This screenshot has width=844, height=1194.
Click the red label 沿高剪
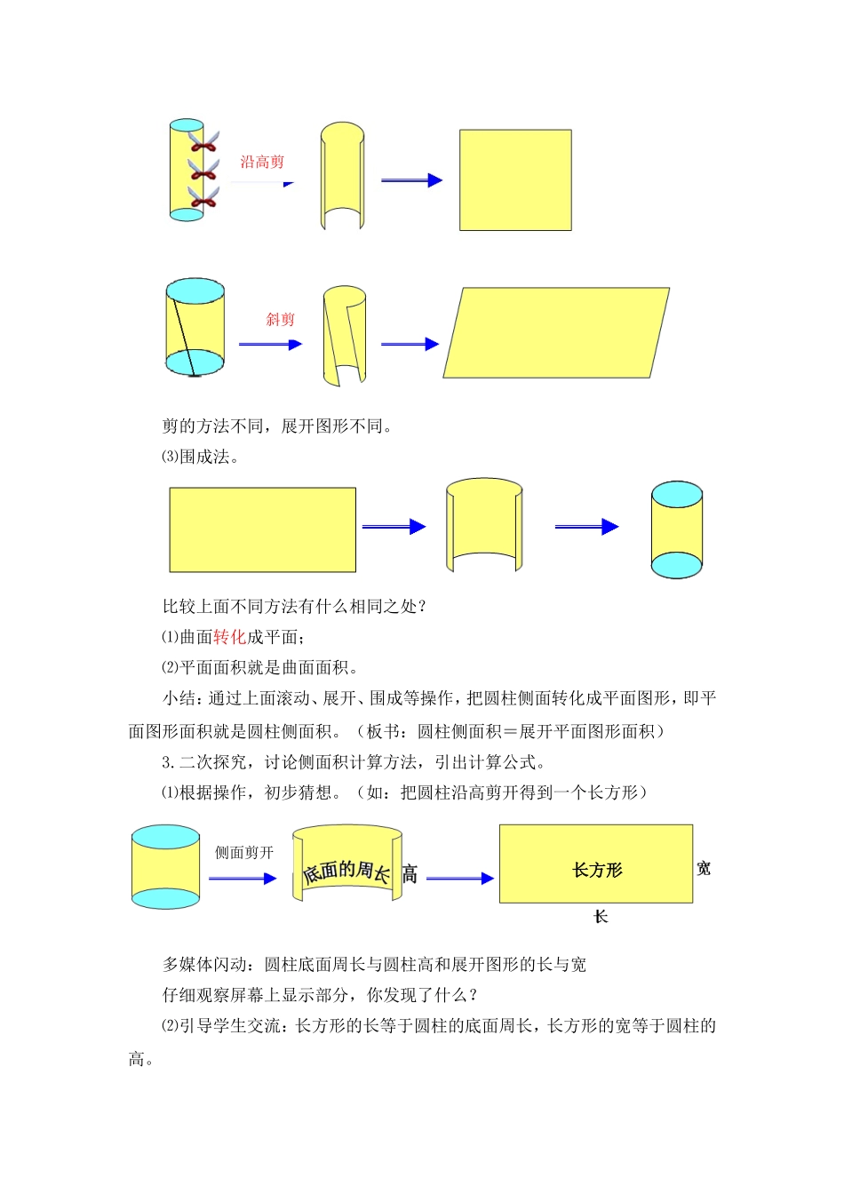(x=262, y=162)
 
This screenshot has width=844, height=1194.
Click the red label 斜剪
(x=280, y=319)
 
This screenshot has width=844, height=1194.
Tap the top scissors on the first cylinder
(x=203, y=140)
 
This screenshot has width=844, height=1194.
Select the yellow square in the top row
(x=515, y=180)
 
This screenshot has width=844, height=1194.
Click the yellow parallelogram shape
(x=556, y=333)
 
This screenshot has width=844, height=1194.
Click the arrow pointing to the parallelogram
(x=410, y=344)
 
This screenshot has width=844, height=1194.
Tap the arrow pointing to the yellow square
(x=411, y=180)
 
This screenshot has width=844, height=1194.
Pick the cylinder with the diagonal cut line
(x=195, y=327)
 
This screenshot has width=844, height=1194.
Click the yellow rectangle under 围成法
(x=263, y=529)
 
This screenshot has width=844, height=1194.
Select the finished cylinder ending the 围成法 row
(x=677, y=530)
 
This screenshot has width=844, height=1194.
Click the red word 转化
(x=229, y=637)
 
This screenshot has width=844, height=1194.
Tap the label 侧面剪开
(x=244, y=853)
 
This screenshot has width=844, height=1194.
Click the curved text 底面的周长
(x=346, y=872)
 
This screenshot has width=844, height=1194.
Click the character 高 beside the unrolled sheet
(x=410, y=874)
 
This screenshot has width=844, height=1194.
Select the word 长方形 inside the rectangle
(x=597, y=870)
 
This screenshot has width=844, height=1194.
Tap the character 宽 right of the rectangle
(x=704, y=868)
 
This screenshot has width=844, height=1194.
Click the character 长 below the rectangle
(x=601, y=916)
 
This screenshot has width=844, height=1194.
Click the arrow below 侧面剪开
(x=243, y=879)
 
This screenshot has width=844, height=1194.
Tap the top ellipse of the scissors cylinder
(x=187, y=125)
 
